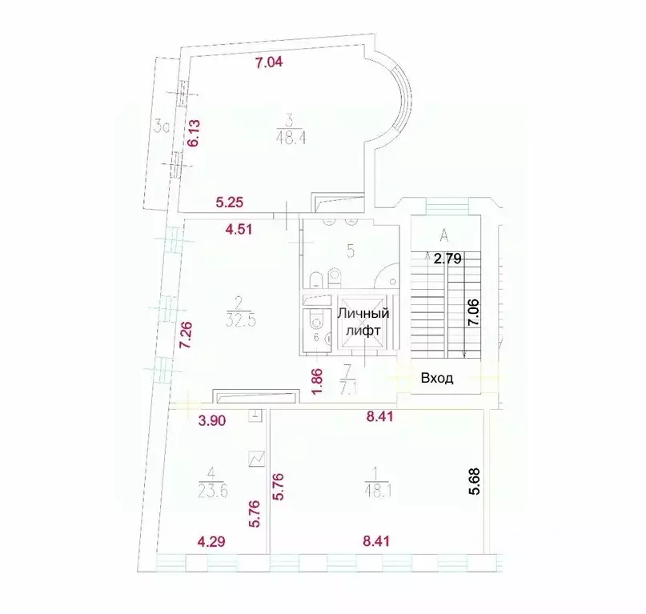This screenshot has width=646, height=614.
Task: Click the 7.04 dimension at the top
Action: pyautogui.click(x=270, y=63)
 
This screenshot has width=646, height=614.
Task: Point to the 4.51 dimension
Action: pyautogui.click(x=239, y=229)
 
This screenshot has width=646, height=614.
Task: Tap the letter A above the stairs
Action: pyautogui.click(x=442, y=235)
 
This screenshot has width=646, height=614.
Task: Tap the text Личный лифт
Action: pyautogui.click(x=362, y=321)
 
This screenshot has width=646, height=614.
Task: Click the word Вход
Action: pyautogui.click(x=437, y=379)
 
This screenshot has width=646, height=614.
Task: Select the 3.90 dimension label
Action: pyautogui.click(x=211, y=421)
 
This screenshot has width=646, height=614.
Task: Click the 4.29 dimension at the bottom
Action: pyautogui.click(x=213, y=541)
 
